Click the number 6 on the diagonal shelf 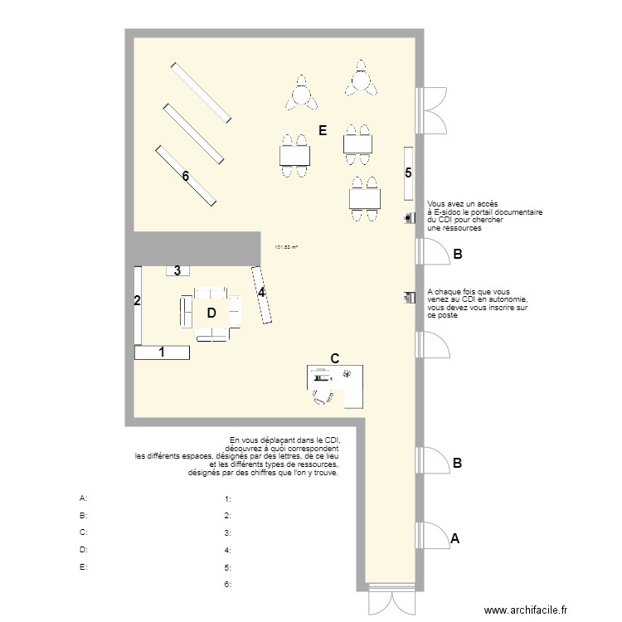click(186, 176)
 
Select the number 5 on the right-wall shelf click(408, 173)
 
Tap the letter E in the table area click(323, 130)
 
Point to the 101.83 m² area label click(285, 245)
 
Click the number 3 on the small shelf click(177, 270)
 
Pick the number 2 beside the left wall click(138, 300)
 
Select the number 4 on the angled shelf click(261, 292)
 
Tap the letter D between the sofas click(211, 313)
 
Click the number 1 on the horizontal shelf click(162, 352)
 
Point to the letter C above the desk click(335, 358)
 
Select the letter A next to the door click(454, 538)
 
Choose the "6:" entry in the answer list click(227, 585)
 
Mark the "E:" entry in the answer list click(83, 567)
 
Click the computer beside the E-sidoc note click(410, 218)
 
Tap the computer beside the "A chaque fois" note click(409, 297)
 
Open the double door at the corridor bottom click(389, 600)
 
